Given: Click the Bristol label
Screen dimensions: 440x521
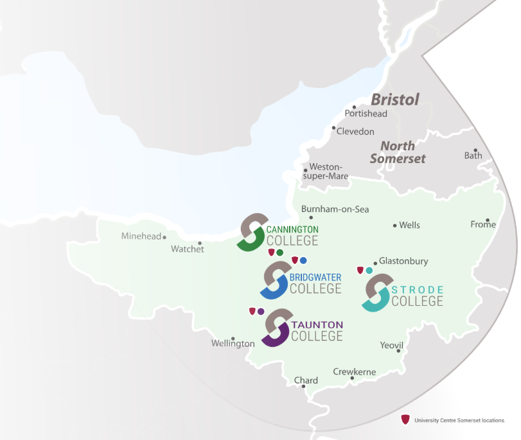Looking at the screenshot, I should (x=395, y=100).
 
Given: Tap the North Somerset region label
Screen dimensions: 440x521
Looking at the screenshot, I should (x=398, y=152).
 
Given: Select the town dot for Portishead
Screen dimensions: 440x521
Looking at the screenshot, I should (x=354, y=107).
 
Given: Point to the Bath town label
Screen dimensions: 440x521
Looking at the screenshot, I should (x=473, y=155).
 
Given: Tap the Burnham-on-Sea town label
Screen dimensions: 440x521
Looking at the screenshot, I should (x=335, y=209).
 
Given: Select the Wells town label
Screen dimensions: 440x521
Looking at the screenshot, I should (x=409, y=225).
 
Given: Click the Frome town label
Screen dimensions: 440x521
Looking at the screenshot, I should (x=483, y=224).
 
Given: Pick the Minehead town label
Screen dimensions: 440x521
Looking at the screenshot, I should (x=141, y=236).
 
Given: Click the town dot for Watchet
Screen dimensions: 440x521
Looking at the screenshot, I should (x=200, y=243).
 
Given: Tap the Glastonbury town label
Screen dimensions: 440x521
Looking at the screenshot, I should (x=403, y=261).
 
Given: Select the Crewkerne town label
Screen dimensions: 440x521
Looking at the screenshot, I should (x=354, y=372).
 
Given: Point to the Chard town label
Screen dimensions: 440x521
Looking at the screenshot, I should (x=306, y=380).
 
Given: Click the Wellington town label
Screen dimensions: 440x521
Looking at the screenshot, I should (x=233, y=344).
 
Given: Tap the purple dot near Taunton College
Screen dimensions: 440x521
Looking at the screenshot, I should (x=261, y=312).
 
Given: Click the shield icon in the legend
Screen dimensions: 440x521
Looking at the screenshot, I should (x=405, y=419).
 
